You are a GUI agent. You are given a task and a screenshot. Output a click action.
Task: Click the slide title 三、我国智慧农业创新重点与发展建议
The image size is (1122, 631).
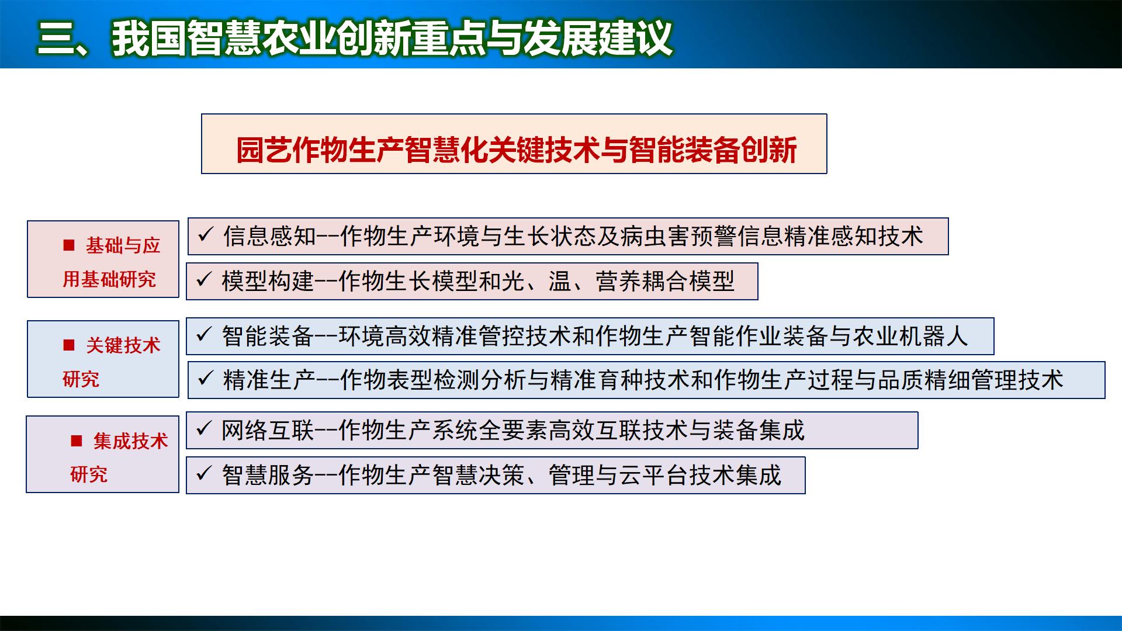(x=355, y=38)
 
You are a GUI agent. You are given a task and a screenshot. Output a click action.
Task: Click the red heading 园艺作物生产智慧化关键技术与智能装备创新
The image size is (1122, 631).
(x=516, y=150)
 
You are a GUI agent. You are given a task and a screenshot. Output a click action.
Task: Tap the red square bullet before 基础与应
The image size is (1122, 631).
(x=69, y=245)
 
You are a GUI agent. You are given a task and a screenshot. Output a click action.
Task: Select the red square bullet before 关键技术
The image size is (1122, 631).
(x=69, y=345)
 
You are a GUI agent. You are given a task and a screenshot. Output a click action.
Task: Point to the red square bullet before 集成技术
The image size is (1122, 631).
(x=77, y=441)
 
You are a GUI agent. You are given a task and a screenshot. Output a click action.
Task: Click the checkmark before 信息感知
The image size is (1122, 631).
(x=205, y=235)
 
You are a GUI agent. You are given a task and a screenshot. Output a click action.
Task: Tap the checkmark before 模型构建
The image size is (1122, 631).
(x=203, y=280)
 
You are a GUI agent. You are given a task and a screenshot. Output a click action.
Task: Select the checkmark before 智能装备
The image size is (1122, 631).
(x=203, y=335)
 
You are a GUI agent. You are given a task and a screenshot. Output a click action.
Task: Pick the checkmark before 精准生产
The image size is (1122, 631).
(x=205, y=379)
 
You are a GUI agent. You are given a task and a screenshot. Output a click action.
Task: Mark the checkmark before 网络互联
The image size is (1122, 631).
(x=203, y=430)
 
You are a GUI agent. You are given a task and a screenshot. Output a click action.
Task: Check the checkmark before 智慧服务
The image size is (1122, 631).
(x=203, y=474)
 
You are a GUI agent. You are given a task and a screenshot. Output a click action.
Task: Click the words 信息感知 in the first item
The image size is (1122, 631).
(x=269, y=236)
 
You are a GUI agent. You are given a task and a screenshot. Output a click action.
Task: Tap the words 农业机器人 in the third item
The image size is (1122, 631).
(x=910, y=336)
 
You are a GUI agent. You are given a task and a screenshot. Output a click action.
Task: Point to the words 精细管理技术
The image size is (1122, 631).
(x=993, y=380)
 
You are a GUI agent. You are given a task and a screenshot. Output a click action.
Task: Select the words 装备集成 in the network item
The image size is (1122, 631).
(x=758, y=431)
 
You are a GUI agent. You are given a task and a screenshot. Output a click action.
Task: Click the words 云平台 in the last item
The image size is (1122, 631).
(x=653, y=475)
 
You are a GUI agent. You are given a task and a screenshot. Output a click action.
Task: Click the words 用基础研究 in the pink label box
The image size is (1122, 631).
(x=109, y=279)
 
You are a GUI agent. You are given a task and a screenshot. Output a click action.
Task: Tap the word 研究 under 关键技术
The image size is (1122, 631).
(x=81, y=379)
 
